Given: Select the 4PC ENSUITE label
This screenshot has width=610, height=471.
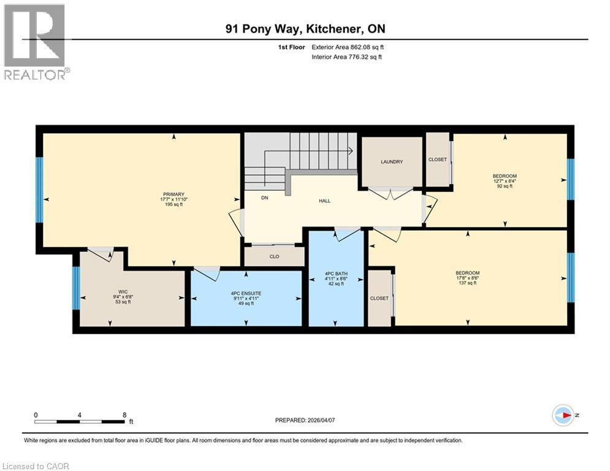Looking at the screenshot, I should pyautogui.click(x=246, y=293).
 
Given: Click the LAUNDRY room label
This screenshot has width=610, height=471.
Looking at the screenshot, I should pyautogui.click(x=392, y=162).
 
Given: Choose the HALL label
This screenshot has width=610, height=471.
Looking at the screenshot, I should pyautogui.click(x=325, y=201).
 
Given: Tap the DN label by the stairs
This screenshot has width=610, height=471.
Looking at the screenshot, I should pyautogui.click(x=265, y=197).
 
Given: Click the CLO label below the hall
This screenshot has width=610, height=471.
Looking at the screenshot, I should pyautogui.click(x=274, y=256).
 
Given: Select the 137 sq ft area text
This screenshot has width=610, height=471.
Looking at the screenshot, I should pyautogui.click(x=467, y=283).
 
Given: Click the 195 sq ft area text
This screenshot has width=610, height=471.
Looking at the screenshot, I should pyautogui.click(x=173, y=204).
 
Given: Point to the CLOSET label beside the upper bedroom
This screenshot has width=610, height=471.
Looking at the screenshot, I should pyautogui.click(x=438, y=159).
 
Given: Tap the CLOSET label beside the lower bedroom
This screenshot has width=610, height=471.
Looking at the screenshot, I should pyautogui.click(x=379, y=298).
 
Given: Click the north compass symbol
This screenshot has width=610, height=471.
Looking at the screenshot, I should pyautogui.click(x=562, y=415).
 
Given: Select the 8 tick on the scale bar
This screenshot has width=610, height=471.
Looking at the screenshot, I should pyautogui.click(x=124, y=415).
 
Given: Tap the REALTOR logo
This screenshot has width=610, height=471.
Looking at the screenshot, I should pyautogui.click(x=35, y=42).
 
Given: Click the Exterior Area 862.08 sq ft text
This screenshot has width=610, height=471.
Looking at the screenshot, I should pyautogui.click(x=348, y=47).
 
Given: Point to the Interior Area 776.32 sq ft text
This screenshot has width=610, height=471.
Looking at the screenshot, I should pyautogui.click(x=346, y=57).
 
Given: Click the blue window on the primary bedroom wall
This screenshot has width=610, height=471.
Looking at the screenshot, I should pyautogui.click(x=39, y=190).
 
